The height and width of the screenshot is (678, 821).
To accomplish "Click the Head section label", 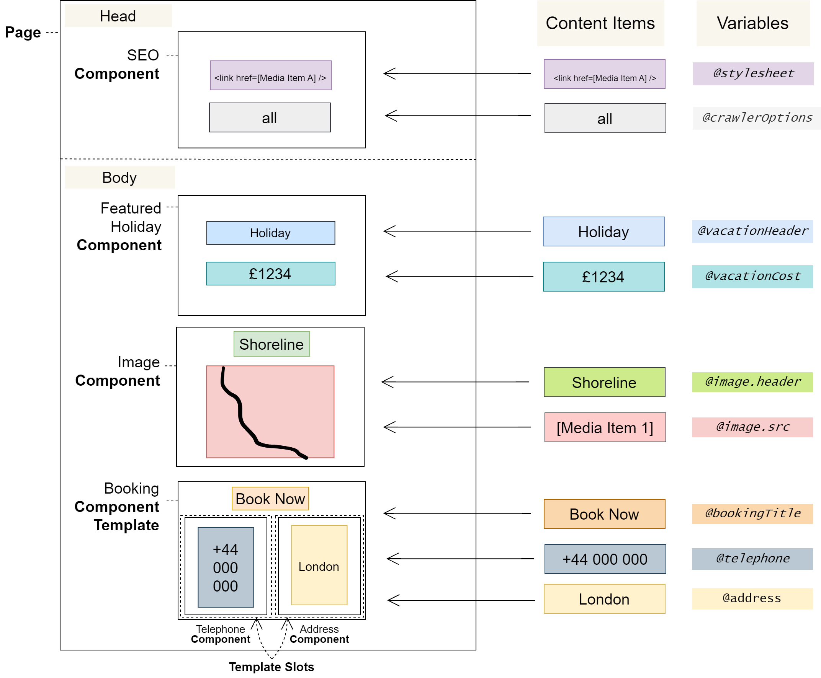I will [118, 16].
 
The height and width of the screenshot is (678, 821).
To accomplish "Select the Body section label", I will [119, 177].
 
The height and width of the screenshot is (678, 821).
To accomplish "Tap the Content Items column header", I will [600, 23].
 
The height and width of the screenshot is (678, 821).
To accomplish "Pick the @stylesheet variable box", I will [752, 73].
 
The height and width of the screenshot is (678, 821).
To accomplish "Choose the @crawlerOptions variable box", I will [757, 118].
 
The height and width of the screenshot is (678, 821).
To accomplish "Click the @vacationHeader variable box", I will [752, 231].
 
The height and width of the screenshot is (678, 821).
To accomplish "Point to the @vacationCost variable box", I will [752, 277].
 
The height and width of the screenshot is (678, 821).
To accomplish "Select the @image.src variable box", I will [752, 427].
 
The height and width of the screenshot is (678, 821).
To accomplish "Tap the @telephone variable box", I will [752, 559].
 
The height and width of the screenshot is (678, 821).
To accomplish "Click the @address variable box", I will [752, 598].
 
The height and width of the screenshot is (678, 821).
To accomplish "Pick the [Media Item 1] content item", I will [605, 427].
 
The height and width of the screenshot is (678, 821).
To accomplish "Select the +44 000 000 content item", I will [605, 559].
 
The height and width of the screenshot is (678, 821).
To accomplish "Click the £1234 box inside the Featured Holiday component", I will [270, 274].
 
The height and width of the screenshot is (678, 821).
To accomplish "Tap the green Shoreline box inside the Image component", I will [271, 344].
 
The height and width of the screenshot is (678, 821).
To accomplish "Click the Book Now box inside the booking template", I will [270, 498].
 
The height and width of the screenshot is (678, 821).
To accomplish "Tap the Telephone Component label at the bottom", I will [221, 634].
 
